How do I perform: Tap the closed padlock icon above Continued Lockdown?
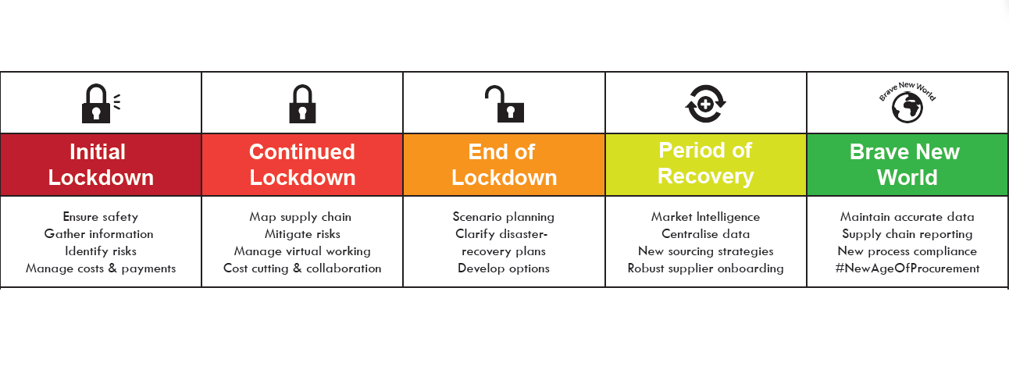302,104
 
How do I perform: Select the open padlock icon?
504,104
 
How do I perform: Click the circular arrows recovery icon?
705,104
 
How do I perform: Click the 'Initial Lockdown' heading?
101,165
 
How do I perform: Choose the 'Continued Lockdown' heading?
302,165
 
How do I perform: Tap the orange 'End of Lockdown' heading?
504,165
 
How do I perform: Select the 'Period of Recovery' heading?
705,163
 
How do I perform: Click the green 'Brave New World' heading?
905,165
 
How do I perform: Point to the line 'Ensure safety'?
101,217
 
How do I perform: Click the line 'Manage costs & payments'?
101,268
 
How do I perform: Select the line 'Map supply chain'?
301,217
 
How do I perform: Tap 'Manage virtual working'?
302,251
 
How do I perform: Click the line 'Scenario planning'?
504,217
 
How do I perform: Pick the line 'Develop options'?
504,268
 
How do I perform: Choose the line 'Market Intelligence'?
705,217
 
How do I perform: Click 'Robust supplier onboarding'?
705,268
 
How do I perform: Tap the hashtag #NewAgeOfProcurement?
907,268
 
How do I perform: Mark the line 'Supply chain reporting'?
907,234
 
